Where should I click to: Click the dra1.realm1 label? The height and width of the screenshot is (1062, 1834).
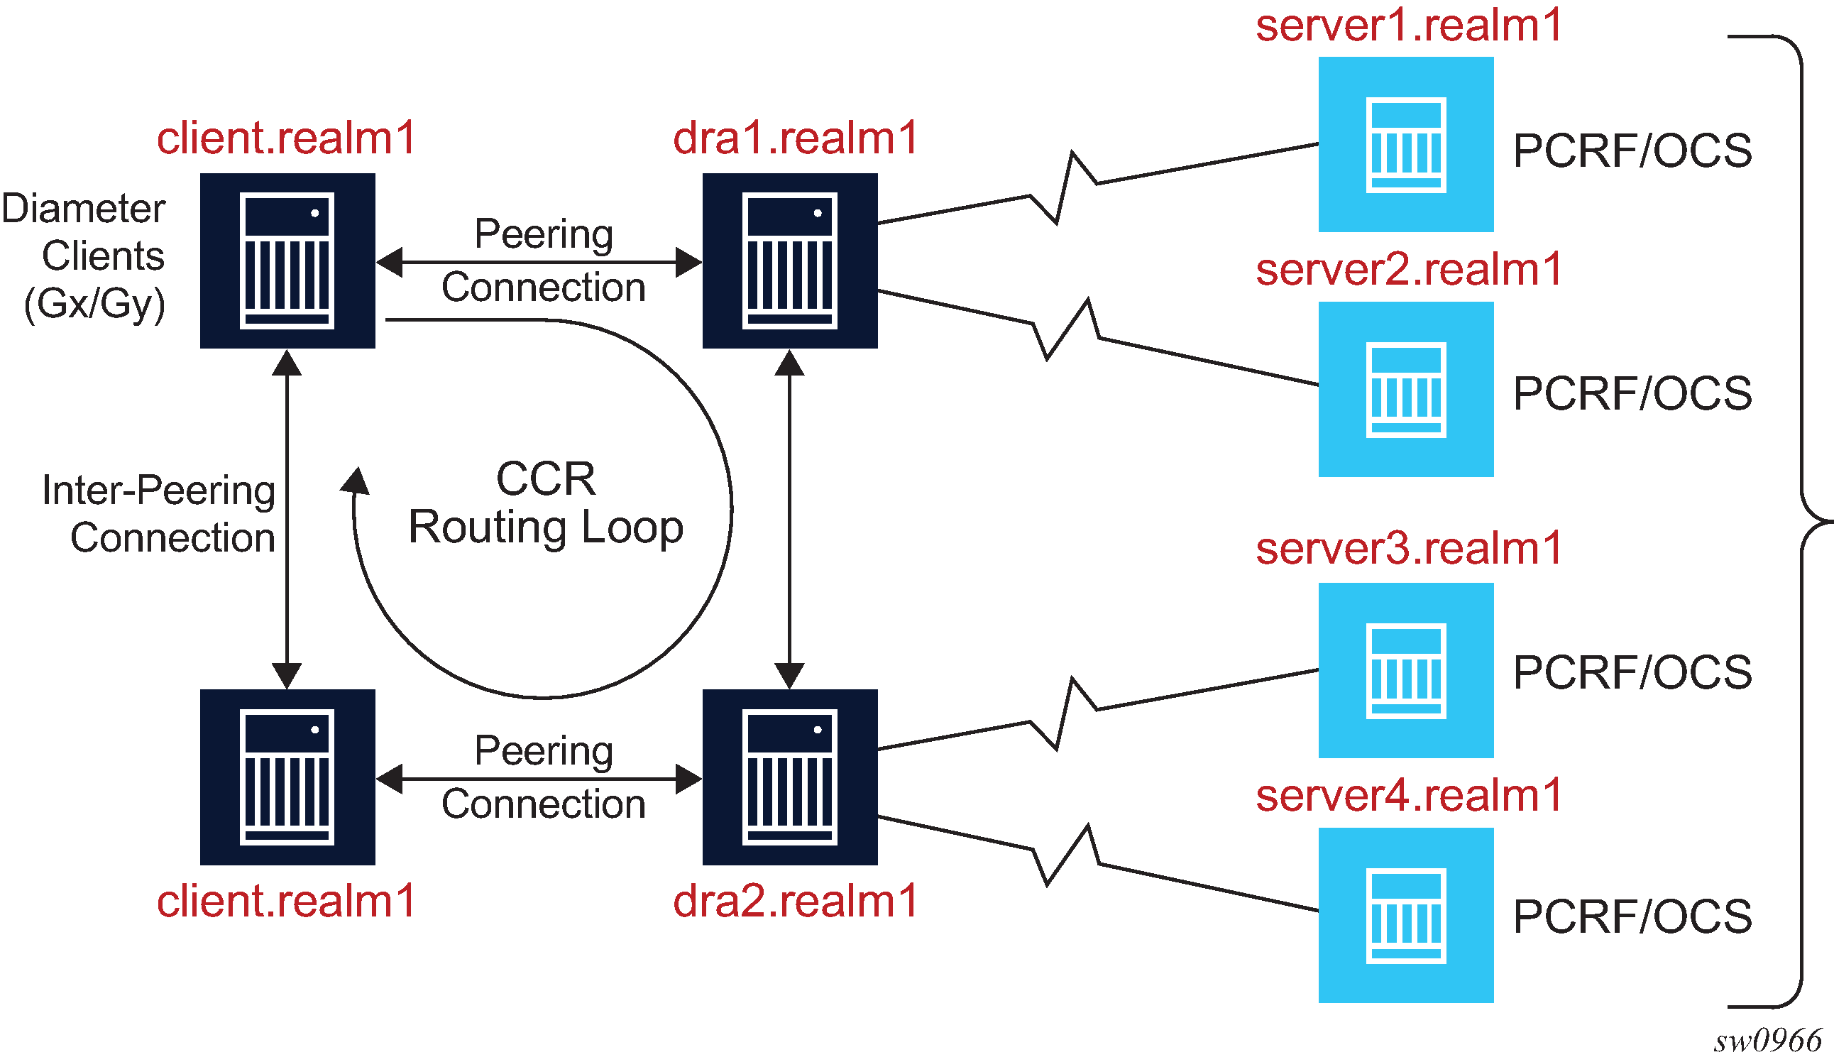pos(795,138)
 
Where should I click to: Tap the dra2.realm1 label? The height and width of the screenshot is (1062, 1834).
pos(795,901)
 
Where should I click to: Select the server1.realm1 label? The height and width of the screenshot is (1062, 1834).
pos(1408,26)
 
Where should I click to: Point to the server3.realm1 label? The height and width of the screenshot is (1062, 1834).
pos(1408,548)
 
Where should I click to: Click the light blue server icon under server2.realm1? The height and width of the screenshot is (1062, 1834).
pos(1405,390)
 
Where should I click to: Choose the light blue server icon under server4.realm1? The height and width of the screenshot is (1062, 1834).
pos(1405,915)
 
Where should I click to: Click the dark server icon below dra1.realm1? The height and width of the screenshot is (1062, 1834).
pos(790,261)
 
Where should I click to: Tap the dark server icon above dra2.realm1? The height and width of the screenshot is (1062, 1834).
pos(790,777)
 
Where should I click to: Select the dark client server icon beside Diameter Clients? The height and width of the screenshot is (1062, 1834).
pos(287,261)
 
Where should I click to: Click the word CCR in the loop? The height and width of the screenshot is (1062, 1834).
pos(546,479)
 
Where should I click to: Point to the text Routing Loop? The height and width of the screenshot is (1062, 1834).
pos(546,527)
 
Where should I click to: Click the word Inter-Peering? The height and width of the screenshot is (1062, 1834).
pos(159,491)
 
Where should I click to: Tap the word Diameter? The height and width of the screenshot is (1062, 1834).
pos(84,209)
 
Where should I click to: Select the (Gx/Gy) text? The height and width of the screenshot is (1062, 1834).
pos(94,304)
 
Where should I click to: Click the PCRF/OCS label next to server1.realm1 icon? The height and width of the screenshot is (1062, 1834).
pos(1632,150)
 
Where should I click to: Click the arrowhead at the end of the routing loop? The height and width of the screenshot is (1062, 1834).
pos(356,481)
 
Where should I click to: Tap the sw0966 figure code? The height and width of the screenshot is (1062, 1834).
pos(1767,1041)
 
